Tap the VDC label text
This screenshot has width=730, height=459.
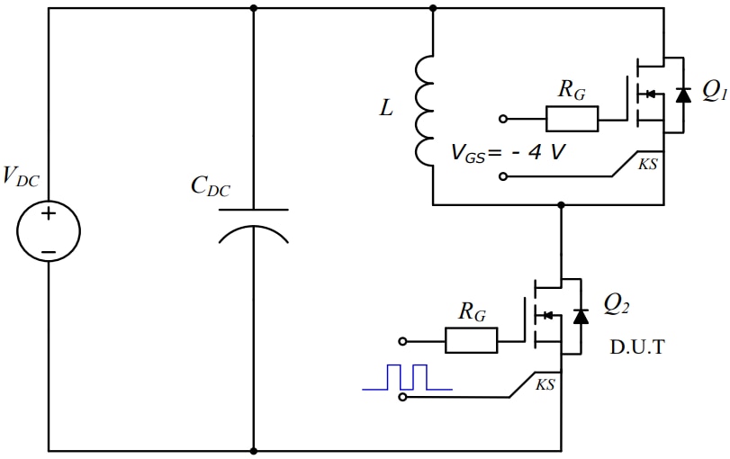pyautogui.click(x=22, y=175)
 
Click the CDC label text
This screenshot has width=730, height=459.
pyautogui.click(x=210, y=187)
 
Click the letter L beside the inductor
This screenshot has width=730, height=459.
pyautogui.click(x=386, y=109)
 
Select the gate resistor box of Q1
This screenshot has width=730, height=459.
pyautogui.click(x=572, y=119)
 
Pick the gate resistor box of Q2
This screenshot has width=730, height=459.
pyautogui.click(x=471, y=340)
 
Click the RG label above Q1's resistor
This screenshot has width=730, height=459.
pyautogui.click(x=572, y=88)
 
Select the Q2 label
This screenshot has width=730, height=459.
pyautogui.click(x=616, y=306)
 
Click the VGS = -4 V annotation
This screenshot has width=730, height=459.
pyautogui.click(x=509, y=152)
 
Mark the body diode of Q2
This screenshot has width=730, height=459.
pyautogui.click(x=581, y=315)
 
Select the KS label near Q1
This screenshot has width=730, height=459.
pyautogui.click(x=647, y=164)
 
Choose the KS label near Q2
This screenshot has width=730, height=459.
pyautogui.click(x=545, y=384)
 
